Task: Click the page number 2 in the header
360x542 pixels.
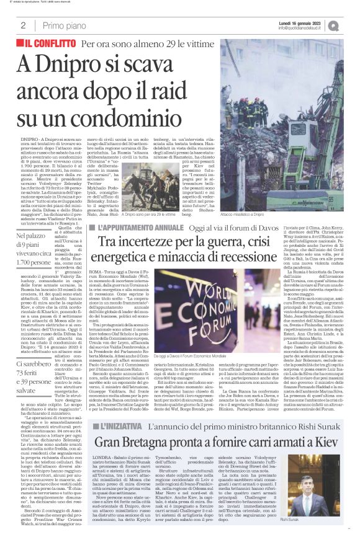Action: [x=22, y=25]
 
